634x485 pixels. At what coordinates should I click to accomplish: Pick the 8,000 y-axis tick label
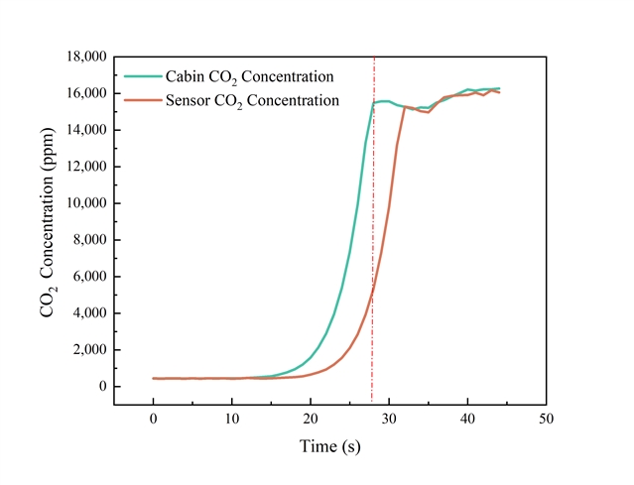[x=86, y=240]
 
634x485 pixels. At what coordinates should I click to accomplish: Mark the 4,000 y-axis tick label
[x=86, y=313]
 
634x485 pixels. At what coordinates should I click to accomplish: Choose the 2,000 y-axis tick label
[x=86, y=350]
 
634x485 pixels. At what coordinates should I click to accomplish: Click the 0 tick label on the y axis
[x=100, y=387]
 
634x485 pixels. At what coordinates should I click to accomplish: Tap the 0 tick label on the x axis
[x=154, y=419]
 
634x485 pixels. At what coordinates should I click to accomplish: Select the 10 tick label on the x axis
[x=232, y=419]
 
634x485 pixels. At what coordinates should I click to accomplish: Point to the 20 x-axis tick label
[x=311, y=419]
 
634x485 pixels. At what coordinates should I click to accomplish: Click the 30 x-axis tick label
[x=389, y=419]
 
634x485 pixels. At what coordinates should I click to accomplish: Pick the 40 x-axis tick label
[x=467, y=419]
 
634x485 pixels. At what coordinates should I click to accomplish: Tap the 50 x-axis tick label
[x=546, y=419]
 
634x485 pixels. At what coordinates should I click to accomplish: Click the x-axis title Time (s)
[x=330, y=447]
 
